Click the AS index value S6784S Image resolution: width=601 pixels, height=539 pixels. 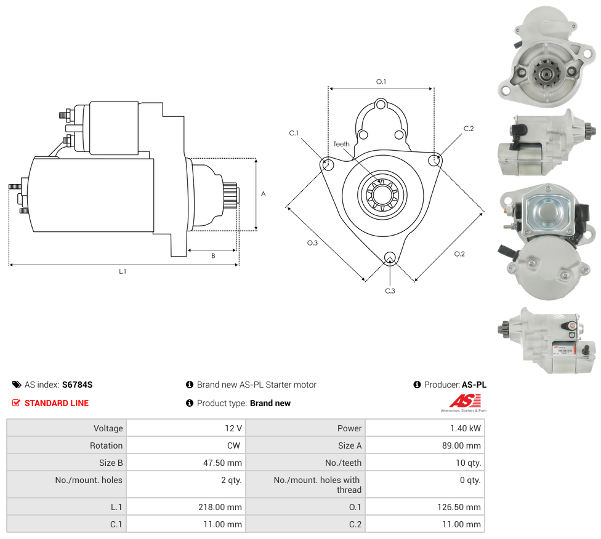pos(77,385)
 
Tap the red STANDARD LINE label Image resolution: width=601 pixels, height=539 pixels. pos(56,403)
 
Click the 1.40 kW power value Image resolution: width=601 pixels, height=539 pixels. pos(466,428)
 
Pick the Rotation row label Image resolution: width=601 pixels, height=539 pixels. pos(107,445)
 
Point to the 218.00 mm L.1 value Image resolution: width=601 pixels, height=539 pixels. pos(222,507)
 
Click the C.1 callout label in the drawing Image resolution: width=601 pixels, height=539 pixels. pos(294,133)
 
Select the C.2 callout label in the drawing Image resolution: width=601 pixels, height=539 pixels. pos(469,129)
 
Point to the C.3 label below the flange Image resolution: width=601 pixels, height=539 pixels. pos(390,290)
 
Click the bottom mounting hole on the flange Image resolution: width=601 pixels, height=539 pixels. pos(389,257)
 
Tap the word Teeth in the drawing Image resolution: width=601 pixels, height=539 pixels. pos(341,144)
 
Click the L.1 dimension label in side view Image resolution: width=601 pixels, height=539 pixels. pos(122,271)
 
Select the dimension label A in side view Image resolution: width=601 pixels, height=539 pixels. pos(263,194)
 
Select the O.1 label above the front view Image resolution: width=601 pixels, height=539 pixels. pos(381,82)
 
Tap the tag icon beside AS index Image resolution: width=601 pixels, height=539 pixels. pos(17,385)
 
